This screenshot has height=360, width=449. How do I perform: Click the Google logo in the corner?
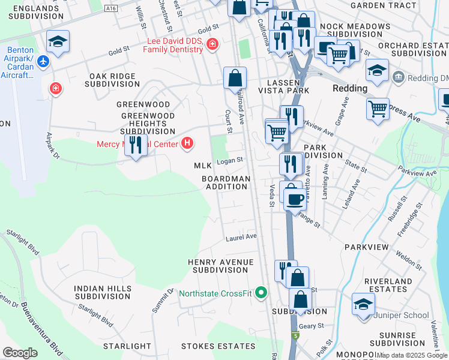20,353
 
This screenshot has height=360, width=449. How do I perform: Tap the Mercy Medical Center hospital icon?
188,143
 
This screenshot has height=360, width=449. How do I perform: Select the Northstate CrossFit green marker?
261,293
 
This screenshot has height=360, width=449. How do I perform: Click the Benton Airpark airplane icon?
43,61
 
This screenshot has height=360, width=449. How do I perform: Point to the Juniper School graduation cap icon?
364,304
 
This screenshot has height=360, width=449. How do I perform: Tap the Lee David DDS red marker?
211,44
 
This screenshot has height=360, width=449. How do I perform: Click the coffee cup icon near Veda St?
294,198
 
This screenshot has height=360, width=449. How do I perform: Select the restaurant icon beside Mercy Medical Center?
136,144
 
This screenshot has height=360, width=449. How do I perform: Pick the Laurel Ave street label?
241,236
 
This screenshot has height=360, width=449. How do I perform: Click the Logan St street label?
229,160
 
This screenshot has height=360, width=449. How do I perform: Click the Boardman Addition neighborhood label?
225,182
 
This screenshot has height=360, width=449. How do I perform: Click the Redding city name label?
350,88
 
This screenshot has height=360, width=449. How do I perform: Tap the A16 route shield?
110,8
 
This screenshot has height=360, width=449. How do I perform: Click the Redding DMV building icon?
398,77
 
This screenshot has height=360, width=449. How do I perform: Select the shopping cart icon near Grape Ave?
378,109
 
